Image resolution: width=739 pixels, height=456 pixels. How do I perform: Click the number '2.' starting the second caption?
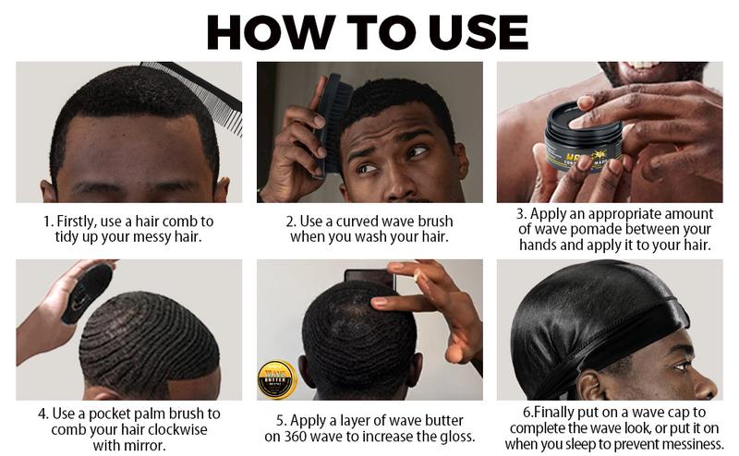[x=290, y=221]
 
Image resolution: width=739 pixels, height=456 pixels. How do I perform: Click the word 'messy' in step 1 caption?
[x=163, y=237]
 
